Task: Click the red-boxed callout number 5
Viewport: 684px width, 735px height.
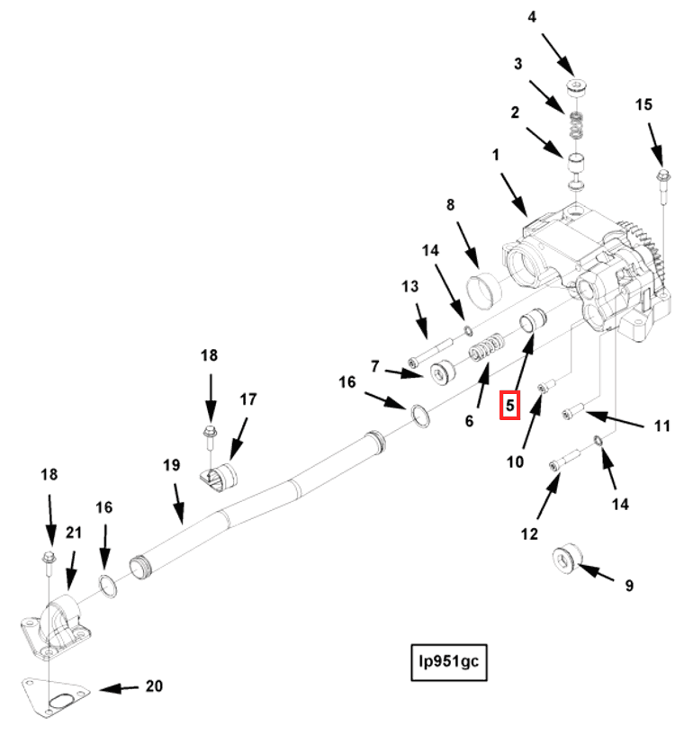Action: [x=509, y=406]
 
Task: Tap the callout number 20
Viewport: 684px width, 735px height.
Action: [x=154, y=686]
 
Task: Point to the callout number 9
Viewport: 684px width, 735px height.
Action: [x=629, y=586]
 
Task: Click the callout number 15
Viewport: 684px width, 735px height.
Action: [x=643, y=104]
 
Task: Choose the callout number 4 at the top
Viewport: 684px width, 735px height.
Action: [x=556, y=16]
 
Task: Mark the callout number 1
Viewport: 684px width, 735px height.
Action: [x=495, y=155]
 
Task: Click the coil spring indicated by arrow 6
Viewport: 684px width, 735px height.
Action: [x=487, y=346]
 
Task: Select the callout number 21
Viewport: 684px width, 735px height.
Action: [x=73, y=533]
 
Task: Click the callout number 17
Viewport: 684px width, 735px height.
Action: [x=247, y=399]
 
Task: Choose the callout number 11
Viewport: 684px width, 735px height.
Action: [x=661, y=426]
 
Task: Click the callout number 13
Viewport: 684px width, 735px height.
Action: [x=410, y=286]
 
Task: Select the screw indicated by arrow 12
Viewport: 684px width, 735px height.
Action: [x=558, y=464]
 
